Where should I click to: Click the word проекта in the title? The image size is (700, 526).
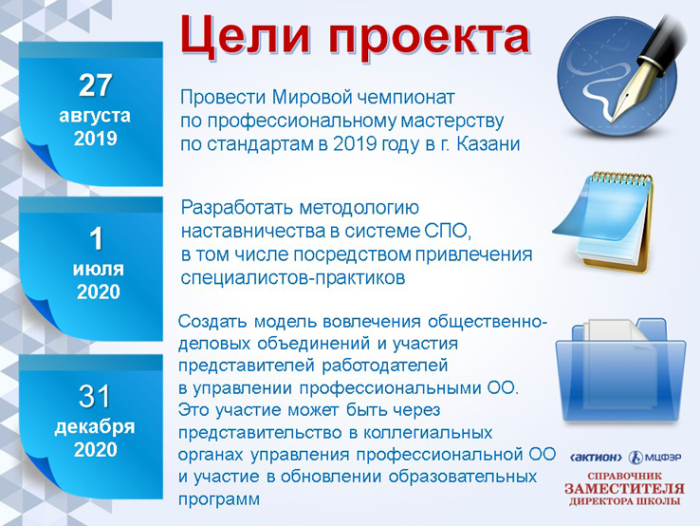pos(430,39)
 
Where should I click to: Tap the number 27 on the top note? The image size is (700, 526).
pos(95,85)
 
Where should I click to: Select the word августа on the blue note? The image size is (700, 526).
pos(95,116)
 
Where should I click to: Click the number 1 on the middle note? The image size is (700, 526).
pos(97,238)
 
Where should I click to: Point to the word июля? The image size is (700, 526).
pos(99,270)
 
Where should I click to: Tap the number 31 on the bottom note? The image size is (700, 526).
pos(94,396)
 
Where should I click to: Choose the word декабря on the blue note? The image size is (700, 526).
pos(95,427)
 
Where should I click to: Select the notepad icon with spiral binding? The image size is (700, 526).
pos(603,220)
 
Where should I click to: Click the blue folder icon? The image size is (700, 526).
pos(620,370)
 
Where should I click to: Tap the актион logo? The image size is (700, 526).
pos(596,458)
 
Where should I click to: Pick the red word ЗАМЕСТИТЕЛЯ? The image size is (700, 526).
pos(624,488)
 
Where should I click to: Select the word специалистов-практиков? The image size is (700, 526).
pos(293,278)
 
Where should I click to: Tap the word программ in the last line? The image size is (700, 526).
pos(219,499)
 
